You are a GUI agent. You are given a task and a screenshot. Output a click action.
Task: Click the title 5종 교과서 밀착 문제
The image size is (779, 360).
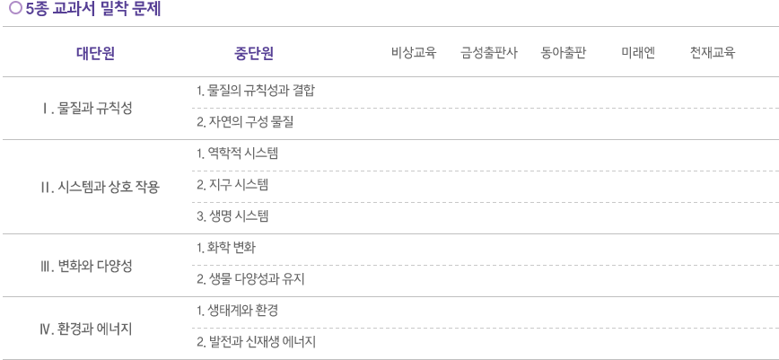tap(93, 9)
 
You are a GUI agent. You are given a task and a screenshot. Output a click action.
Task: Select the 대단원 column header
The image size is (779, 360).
tap(95, 53)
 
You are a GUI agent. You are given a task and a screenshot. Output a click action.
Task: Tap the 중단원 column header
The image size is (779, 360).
tap(254, 53)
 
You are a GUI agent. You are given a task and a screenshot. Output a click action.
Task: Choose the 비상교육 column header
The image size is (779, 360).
tap(414, 53)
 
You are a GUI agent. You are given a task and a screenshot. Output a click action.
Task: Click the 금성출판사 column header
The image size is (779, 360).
tap(489, 53)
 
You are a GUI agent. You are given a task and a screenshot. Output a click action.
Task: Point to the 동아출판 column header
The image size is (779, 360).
tap(564, 53)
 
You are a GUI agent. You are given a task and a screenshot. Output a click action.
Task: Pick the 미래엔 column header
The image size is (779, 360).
tap(638, 53)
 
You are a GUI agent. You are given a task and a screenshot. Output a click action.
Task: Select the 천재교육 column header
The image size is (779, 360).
tap(712, 53)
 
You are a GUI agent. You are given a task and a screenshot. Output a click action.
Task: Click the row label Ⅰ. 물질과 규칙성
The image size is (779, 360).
tap(87, 109)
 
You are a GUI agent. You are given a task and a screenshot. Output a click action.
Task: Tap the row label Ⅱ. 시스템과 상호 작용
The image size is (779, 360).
tap(100, 188)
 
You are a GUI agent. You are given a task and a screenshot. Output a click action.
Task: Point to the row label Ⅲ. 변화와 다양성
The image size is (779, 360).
tap(86, 267)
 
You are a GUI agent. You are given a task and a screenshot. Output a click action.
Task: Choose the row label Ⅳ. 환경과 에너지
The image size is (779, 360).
tap(86, 329)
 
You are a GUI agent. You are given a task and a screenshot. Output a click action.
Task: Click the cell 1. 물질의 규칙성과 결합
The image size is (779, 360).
tap(256, 91)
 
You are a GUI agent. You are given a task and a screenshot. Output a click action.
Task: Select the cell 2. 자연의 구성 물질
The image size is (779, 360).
tap(245, 122)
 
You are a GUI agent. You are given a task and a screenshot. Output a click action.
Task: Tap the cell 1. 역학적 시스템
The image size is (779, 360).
tap(237, 154)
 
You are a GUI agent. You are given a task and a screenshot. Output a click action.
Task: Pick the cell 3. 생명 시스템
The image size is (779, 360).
tap(232, 216)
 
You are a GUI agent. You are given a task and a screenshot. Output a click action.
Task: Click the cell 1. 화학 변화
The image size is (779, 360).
tap(226, 248)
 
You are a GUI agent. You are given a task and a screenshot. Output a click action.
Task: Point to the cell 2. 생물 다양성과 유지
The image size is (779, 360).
tap(250, 280)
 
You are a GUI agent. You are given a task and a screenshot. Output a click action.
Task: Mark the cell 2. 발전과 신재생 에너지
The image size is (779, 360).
tap(256, 343)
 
